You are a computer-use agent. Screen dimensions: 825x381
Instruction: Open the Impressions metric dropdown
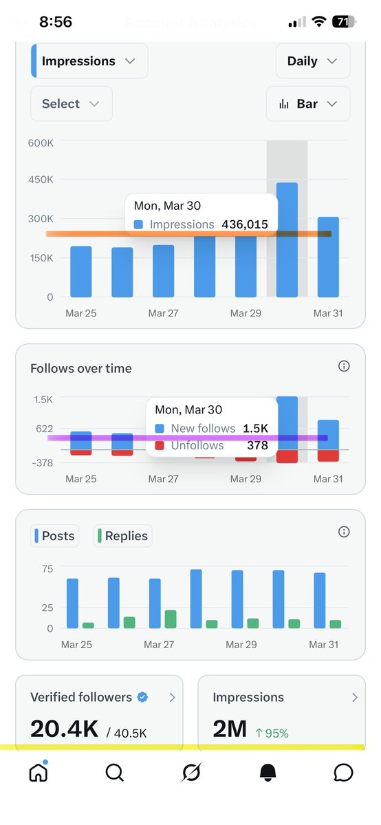pyautogui.click(x=89, y=61)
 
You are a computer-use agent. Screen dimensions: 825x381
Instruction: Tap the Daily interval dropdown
pyautogui.click(x=312, y=61)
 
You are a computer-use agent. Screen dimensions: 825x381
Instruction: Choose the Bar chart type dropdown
pyautogui.click(x=307, y=104)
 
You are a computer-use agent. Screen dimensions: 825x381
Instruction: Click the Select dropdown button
pyautogui.click(x=71, y=104)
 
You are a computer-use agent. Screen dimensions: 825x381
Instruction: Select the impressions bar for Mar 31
pyautogui.click(x=328, y=261)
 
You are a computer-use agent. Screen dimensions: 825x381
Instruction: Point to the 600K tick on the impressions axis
pyautogui.click(x=41, y=142)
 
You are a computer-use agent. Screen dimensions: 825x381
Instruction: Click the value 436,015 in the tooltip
pyautogui.click(x=244, y=224)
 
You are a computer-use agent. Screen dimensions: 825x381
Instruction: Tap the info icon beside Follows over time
pyautogui.click(x=344, y=367)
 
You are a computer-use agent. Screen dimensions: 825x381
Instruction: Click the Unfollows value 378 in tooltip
pyautogui.click(x=257, y=445)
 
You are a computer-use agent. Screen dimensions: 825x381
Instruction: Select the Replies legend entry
pyautogui.click(x=123, y=536)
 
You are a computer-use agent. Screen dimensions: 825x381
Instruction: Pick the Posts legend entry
pyautogui.click(x=54, y=536)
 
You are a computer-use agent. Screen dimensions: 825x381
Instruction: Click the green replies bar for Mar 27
pyautogui.click(x=170, y=619)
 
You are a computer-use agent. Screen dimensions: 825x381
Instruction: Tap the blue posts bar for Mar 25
pyautogui.click(x=72, y=603)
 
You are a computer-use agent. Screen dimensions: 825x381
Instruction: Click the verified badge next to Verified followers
pyautogui.click(x=142, y=697)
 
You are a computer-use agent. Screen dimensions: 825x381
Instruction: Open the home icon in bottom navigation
pyautogui.click(x=39, y=773)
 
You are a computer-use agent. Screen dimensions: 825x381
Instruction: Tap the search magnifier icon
pyautogui.click(x=115, y=773)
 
